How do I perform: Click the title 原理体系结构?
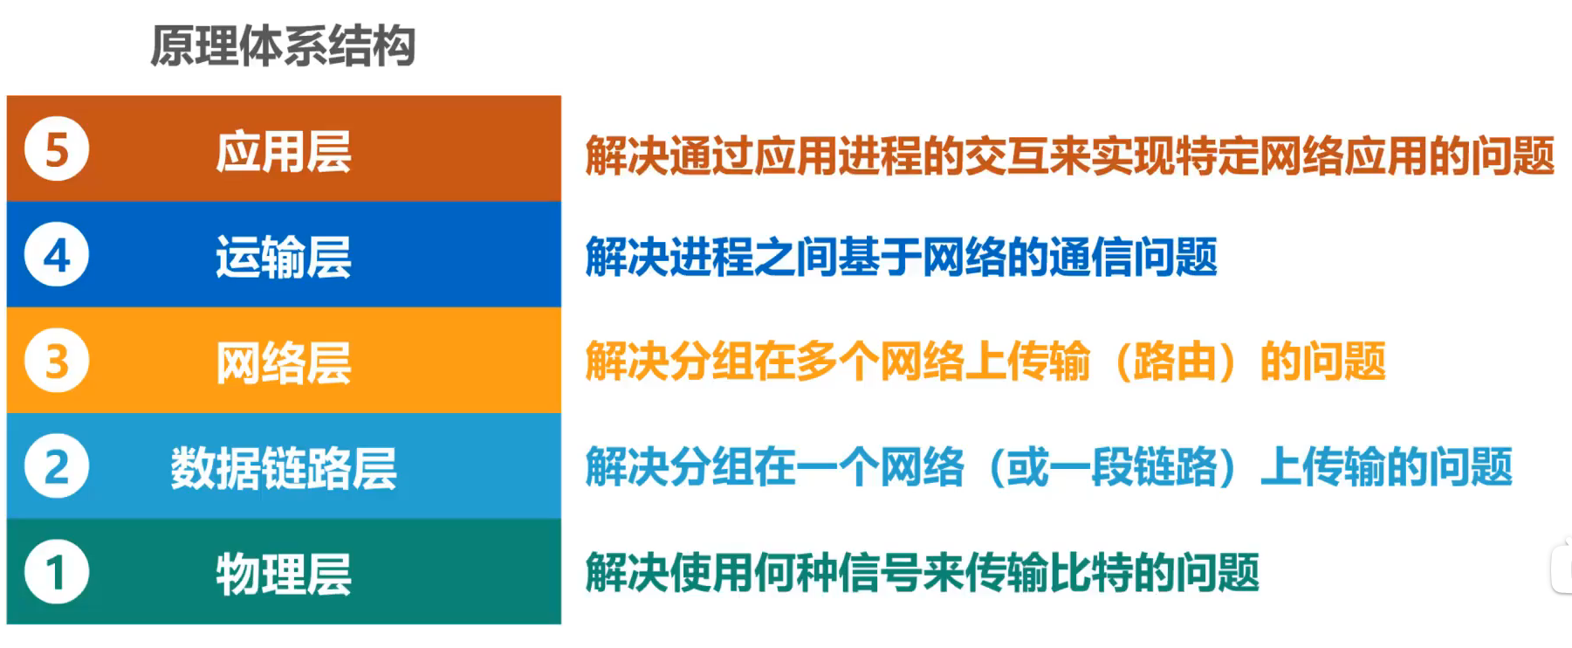click(x=283, y=45)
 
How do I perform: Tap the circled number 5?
click(x=57, y=149)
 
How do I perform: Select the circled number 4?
click(x=57, y=255)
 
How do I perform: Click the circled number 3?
click(x=57, y=361)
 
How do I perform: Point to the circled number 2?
click(x=57, y=466)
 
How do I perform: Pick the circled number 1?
click(x=57, y=572)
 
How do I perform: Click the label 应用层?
click(x=284, y=152)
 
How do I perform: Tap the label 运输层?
click(x=284, y=258)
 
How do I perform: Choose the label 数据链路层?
click(x=284, y=468)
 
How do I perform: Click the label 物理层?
click(x=284, y=575)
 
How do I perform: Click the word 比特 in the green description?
click(x=1091, y=573)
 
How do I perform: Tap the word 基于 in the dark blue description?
click(x=880, y=257)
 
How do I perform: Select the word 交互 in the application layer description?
click(x=1006, y=155)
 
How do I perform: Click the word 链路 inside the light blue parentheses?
click(x=1175, y=466)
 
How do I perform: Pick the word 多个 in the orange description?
click(x=838, y=362)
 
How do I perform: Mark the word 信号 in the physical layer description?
click(x=880, y=573)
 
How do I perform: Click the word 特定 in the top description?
click(x=1217, y=155)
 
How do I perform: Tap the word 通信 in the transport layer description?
click(x=1091, y=257)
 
